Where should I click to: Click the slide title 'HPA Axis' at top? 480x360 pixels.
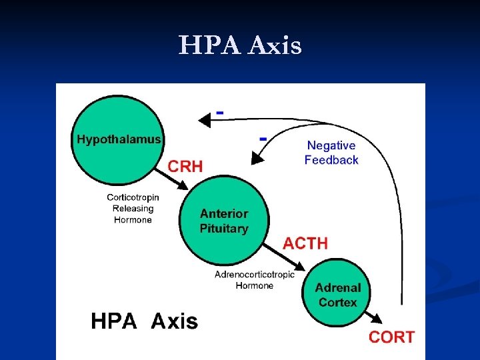coord(240,46)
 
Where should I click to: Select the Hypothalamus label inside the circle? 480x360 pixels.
coord(119,139)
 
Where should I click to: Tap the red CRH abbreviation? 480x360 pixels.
coord(185,166)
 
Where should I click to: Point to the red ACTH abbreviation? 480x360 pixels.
coord(305,243)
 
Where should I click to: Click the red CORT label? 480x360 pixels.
coord(391,337)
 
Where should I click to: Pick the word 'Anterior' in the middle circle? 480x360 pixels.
coord(224,214)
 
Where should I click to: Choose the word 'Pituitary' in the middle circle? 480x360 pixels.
coord(224,229)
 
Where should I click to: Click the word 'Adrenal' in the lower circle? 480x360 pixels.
coord(338,288)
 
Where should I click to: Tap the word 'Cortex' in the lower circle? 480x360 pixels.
coord(338,303)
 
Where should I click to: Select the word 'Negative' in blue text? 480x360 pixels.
coord(331,145)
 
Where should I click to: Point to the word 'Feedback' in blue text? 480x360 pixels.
coord(331,160)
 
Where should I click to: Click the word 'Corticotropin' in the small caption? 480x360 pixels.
coord(133,197)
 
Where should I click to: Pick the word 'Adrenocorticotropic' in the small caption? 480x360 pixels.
coord(255,275)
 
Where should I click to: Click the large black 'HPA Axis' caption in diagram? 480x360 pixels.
coord(145,322)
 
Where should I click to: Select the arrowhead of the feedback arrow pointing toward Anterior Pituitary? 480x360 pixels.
coord(254,160)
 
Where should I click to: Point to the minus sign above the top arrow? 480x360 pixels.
coord(219,112)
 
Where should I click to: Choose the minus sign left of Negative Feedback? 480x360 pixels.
coord(263,139)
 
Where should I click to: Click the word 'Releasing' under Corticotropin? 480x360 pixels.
coord(133,209)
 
